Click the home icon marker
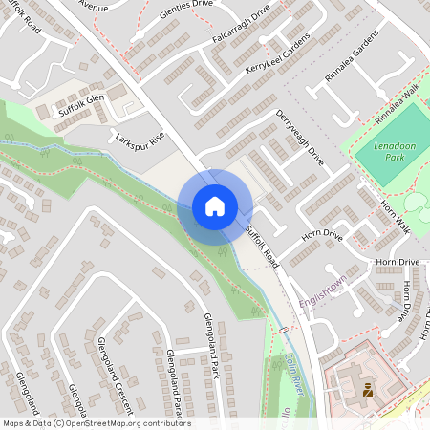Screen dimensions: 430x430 pos(214,206)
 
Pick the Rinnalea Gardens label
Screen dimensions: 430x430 pos(351,64)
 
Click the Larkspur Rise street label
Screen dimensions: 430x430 pos(140,141)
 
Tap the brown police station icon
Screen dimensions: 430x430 pos(367,388)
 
